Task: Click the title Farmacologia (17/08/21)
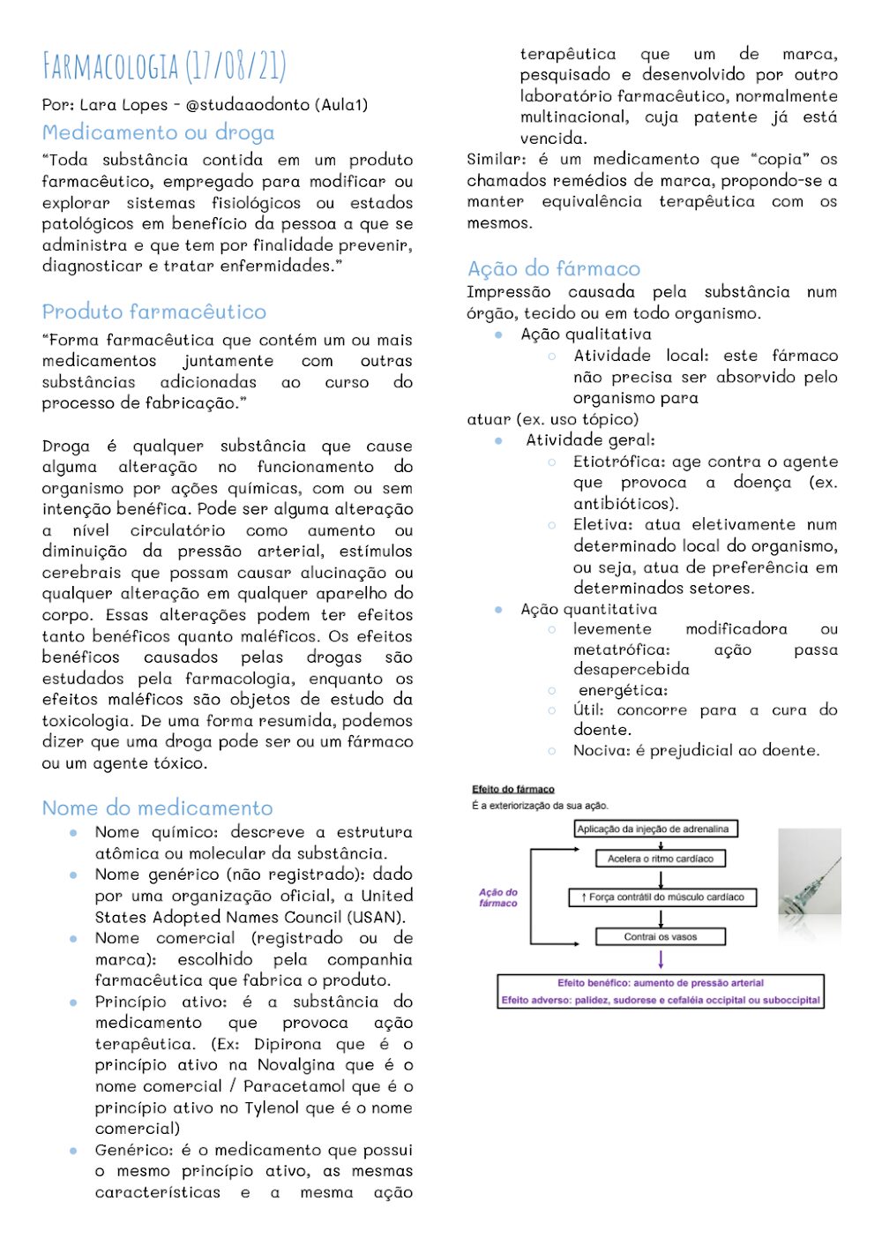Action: [x=164, y=67]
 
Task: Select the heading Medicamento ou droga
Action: [x=158, y=133]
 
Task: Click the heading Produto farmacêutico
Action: [x=153, y=312]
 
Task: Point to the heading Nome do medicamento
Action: [x=157, y=808]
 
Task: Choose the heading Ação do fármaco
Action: [x=554, y=269]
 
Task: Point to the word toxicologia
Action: [x=86, y=722]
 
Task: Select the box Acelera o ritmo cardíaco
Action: [x=661, y=859]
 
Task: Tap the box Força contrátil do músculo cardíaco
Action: [x=661, y=897]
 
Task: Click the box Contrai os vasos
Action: [x=661, y=937]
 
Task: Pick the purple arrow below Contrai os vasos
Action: [x=661, y=960]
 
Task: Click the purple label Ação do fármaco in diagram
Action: [x=498, y=897]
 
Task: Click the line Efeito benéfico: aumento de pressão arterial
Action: [x=661, y=983]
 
